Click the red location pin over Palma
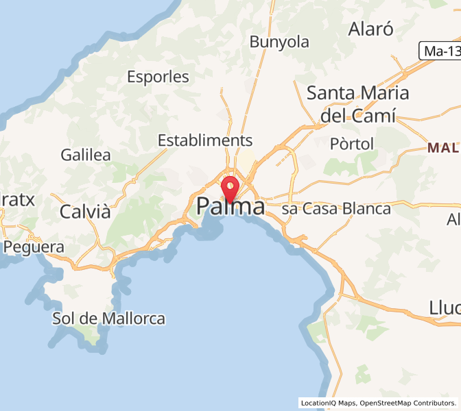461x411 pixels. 230,187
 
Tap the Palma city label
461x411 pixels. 230,206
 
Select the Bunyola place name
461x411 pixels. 279,42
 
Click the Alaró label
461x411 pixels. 371,29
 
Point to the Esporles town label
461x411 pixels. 158,77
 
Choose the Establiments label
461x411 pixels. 205,140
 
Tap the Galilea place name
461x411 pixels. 86,155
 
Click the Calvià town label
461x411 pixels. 85,212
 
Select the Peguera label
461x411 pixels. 34,247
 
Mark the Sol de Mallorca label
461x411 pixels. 109,319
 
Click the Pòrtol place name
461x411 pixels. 352,144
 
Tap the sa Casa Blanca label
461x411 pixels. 336,209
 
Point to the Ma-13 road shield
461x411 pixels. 440,50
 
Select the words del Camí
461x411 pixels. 358,116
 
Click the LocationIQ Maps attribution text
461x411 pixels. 327,403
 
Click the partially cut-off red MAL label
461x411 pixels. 443,147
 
